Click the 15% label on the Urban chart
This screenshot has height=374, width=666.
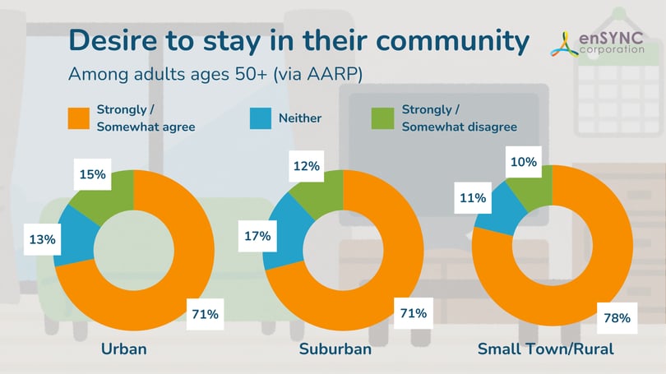(x=93, y=174)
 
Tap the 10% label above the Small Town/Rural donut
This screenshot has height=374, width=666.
(x=524, y=162)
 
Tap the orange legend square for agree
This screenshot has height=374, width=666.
(x=76, y=118)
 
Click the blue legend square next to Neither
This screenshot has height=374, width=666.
(x=260, y=118)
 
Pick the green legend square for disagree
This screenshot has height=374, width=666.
(x=382, y=118)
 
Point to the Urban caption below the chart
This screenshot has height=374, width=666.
(x=123, y=349)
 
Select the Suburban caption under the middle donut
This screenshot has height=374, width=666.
(x=335, y=349)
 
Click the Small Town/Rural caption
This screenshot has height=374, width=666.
(x=545, y=349)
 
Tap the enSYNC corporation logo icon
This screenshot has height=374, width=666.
(x=567, y=43)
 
